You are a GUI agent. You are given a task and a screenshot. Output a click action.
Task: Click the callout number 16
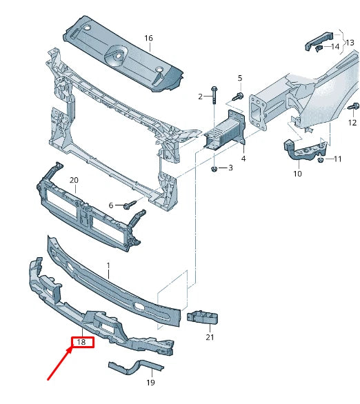148,38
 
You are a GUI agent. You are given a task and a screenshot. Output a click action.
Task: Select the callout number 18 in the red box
81,342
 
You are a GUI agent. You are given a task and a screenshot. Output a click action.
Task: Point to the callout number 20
74,181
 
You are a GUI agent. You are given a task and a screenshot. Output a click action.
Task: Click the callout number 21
210,338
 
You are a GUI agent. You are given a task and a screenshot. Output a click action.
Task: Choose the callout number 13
350,43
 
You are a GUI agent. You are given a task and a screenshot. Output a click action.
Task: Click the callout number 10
297,174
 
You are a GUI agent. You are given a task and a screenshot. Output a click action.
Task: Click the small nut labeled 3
215,168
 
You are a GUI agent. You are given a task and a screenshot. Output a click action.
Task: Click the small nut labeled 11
321,160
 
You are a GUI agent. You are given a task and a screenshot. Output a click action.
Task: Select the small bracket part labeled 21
201,316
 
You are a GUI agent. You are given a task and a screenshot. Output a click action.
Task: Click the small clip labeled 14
319,48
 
